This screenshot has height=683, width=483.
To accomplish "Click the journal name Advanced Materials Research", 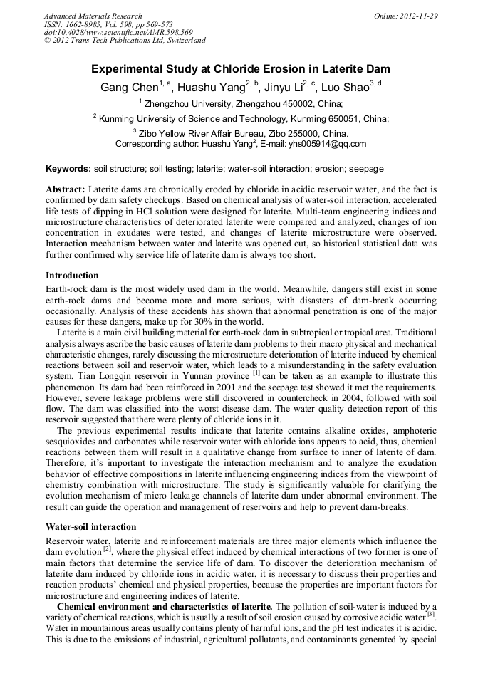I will (93, 16).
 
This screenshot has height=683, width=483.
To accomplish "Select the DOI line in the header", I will (118, 32).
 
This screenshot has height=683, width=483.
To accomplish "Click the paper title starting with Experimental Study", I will (241, 70).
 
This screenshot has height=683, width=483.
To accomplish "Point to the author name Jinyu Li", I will (284, 88).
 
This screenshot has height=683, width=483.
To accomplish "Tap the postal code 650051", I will (344, 119).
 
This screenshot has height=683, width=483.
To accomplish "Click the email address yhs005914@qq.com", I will (327, 144).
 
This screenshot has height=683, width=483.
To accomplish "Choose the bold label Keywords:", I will (68, 169).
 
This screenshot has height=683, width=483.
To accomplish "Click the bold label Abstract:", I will (66, 190).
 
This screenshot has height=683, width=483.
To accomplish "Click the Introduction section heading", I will (72, 276).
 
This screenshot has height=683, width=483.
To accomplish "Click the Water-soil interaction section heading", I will (90, 527).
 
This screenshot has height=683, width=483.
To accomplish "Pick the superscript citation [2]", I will (107, 549).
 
